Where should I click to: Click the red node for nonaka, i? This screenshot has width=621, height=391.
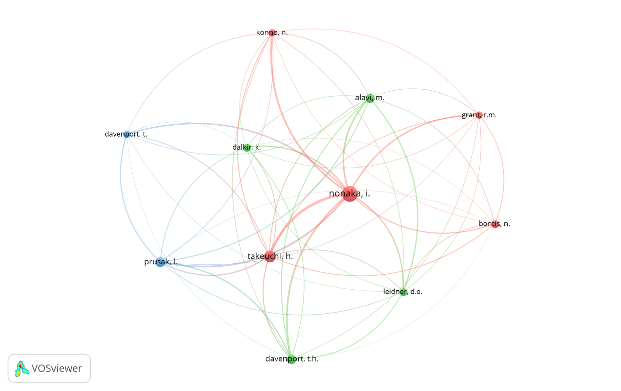click(x=349, y=194)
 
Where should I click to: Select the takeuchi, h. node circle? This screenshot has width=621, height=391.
click(x=270, y=256)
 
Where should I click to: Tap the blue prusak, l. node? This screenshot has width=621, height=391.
click(x=160, y=262)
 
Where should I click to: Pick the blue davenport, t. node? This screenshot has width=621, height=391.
click(x=127, y=134)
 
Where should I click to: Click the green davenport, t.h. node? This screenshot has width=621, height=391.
click(x=291, y=359)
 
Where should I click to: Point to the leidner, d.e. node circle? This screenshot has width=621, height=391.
click(x=403, y=292)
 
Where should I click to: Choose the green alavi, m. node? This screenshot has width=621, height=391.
click(x=370, y=98)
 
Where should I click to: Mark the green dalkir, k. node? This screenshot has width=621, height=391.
click(x=247, y=147)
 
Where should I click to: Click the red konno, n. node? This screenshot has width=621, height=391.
click(x=272, y=32)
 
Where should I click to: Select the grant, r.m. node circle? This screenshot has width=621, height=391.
click(x=479, y=115)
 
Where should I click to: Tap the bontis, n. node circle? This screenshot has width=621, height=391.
click(x=495, y=224)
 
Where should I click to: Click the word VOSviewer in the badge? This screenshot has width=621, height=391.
click(x=56, y=369)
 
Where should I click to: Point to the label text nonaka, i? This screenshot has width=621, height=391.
click(x=350, y=194)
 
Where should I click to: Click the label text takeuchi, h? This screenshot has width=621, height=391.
click(x=270, y=256)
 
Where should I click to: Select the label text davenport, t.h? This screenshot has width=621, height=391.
click(x=292, y=359)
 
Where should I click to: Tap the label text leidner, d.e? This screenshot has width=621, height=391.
click(x=403, y=292)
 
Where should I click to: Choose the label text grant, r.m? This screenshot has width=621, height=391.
click(x=479, y=115)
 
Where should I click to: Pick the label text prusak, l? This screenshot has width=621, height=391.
click(x=161, y=262)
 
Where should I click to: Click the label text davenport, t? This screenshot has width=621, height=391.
click(x=126, y=134)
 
